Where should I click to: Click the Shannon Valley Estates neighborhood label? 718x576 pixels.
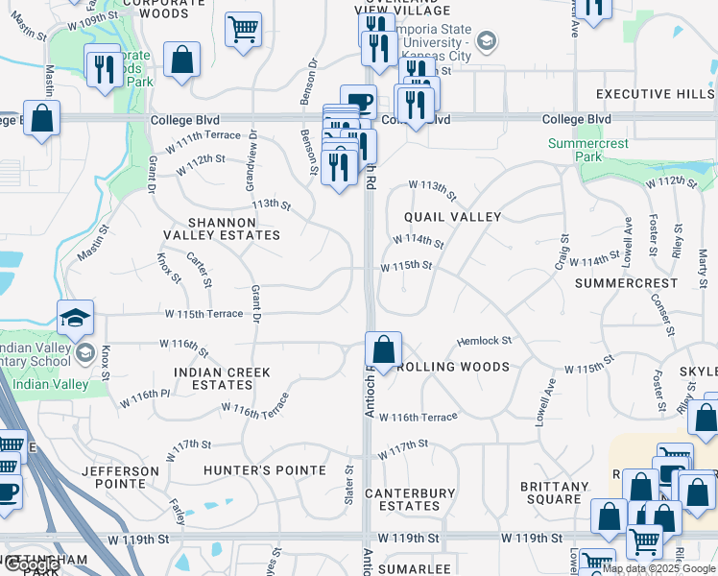pyautogui.click(x=222, y=228)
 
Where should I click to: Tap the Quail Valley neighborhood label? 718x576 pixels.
pyautogui.click(x=452, y=217)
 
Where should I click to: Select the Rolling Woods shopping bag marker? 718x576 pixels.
pyautogui.click(x=383, y=350)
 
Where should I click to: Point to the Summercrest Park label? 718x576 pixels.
pyautogui.click(x=588, y=150)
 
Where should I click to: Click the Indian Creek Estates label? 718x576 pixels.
pyautogui.click(x=222, y=378)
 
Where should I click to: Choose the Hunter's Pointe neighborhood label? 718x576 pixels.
pyautogui.click(x=265, y=470)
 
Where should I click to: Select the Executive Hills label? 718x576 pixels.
pyautogui.click(x=655, y=94)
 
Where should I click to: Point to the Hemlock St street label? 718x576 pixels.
pyautogui.click(x=484, y=341)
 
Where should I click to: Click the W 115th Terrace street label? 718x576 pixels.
pyautogui.click(x=203, y=314)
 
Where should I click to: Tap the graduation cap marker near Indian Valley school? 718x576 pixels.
pyautogui.click(x=76, y=317)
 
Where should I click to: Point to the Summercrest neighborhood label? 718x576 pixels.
pyautogui.click(x=615, y=284)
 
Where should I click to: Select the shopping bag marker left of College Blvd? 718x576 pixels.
pyautogui.click(x=41, y=120)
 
